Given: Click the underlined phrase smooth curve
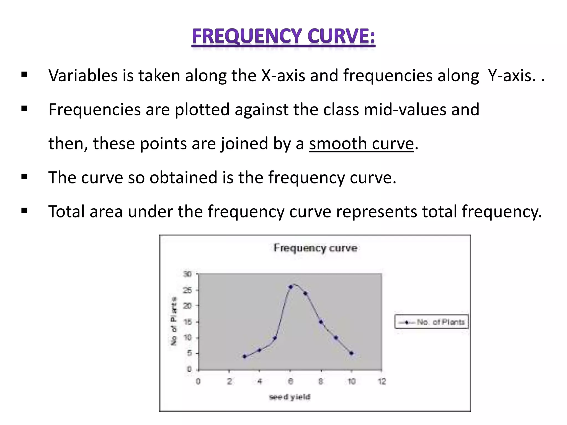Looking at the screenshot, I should (x=361, y=144).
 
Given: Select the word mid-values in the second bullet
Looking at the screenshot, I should (x=405, y=110).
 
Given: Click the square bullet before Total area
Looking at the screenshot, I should (x=24, y=211).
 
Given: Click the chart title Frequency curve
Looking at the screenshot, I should (x=315, y=248).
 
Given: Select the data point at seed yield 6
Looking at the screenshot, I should (x=291, y=287).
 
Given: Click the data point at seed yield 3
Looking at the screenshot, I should (x=244, y=356).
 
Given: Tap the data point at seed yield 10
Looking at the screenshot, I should (x=351, y=353).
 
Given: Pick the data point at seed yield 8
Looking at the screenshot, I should (x=321, y=322).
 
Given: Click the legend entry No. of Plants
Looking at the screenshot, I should (x=432, y=322).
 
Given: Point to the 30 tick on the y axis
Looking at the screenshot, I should (x=187, y=274).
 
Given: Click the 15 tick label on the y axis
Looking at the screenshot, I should (x=187, y=322).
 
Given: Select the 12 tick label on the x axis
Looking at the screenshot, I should (x=382, y=382).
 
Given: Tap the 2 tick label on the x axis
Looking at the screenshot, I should (x=229, y=382).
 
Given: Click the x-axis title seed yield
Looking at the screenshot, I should (x=290, y=397).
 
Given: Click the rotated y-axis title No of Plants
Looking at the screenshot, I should (x=174, y=321).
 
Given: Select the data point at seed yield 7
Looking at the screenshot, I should (x=306, y=293).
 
